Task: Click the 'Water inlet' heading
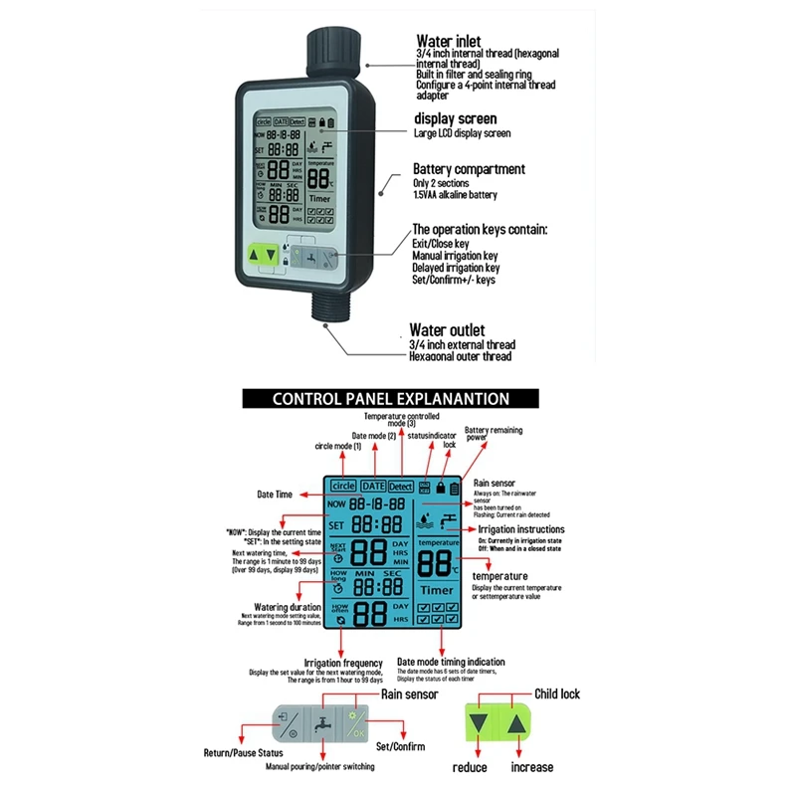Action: (448, 41)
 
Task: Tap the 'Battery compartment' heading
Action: (469, 169)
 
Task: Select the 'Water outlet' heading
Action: (448, 329)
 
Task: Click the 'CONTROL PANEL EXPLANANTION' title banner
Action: (391, 399)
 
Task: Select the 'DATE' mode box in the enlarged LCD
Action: (373, 487)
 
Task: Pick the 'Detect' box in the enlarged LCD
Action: (401, 487)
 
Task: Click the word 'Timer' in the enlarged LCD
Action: (439, 591)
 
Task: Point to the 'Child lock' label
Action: (558, 695)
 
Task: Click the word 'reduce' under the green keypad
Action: (470, 767)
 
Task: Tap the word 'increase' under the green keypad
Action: (532, 767)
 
